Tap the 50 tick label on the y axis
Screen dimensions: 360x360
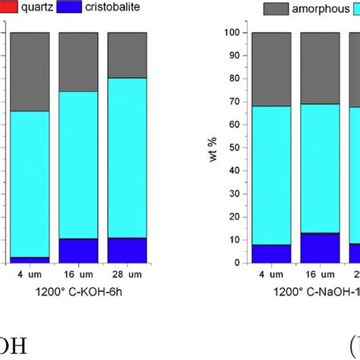point(238,147)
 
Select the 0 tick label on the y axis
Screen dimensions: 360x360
point(241,263)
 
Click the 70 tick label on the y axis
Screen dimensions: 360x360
point(238,102)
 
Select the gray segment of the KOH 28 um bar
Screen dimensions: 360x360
point(126,55)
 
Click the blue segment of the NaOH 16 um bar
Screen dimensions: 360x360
point(320,248)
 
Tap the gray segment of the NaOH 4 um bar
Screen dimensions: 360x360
point(272,69)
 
